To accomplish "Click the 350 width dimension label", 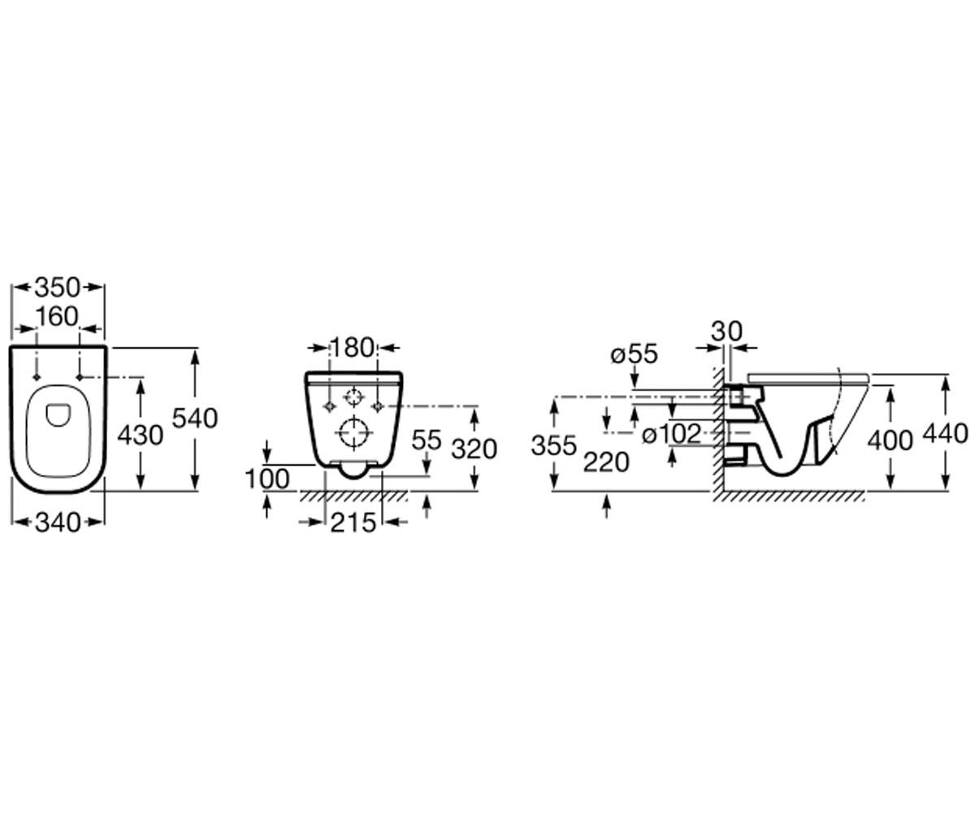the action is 58,288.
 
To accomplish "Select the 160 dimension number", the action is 58,317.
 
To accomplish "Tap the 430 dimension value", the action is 140,436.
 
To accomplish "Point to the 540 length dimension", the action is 195,418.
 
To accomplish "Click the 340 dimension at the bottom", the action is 58,523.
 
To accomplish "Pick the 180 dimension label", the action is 353,348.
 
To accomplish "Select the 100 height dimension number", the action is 267,480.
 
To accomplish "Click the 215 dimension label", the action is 353,523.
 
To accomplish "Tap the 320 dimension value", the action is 474,450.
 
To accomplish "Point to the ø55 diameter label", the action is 634,354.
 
